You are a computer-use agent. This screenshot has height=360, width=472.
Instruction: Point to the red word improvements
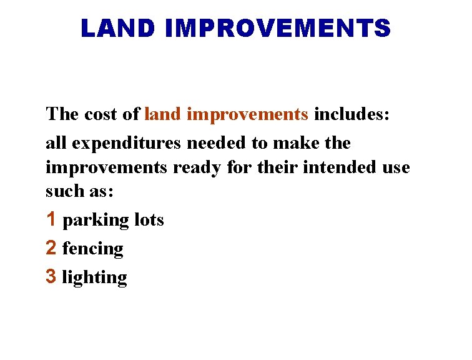(x=247, y=115)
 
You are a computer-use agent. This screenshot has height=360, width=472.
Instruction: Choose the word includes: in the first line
(x=352, y=114)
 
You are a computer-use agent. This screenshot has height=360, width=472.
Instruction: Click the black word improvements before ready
(x=107, y=168)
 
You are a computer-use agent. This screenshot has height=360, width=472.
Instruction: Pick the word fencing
(x=93, y=249)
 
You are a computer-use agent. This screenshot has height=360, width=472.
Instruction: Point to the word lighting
(x=94, y=278)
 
